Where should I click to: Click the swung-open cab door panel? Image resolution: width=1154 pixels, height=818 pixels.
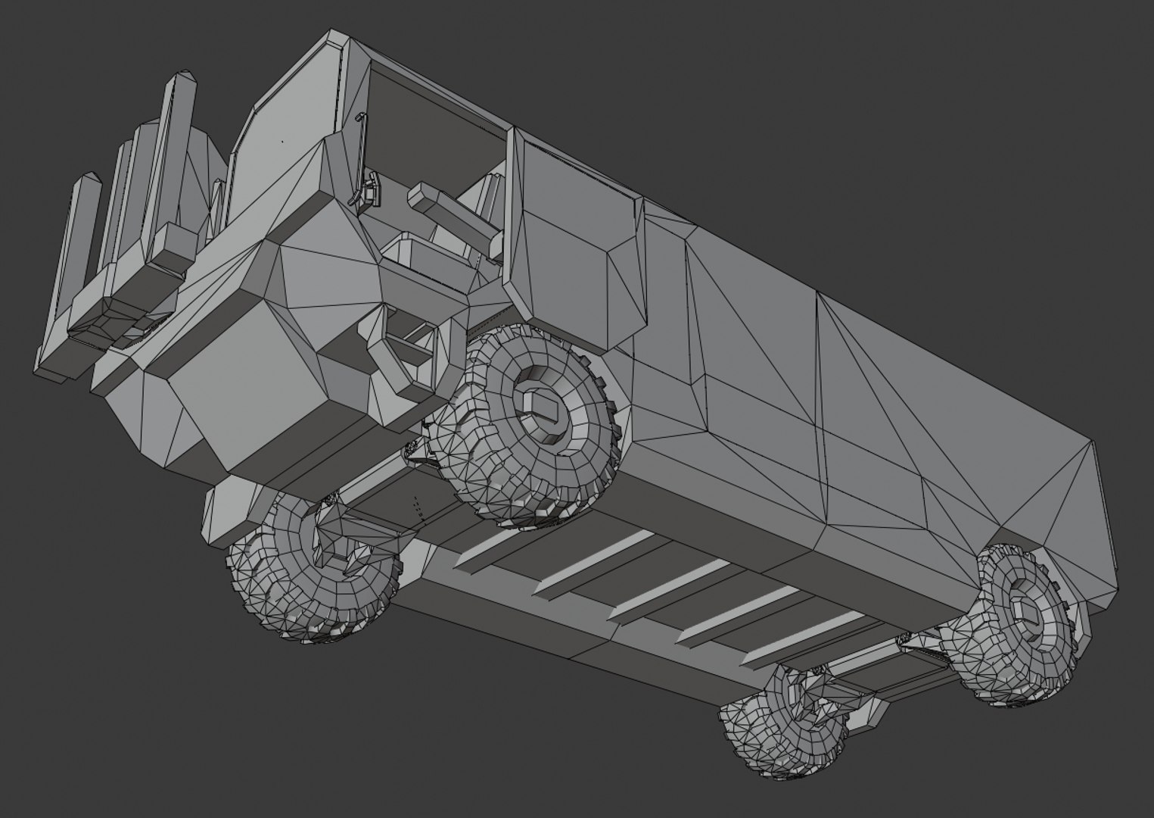point(575,235)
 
